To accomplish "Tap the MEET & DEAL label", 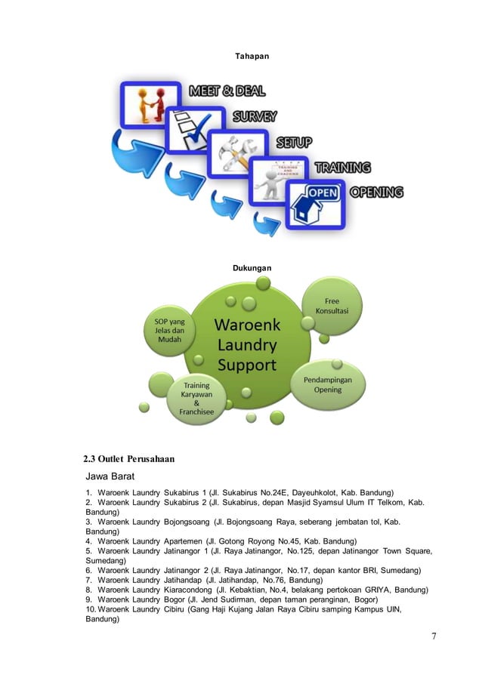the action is [227, 91].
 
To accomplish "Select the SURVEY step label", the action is [254, 116].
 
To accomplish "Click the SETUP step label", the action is [293, 142].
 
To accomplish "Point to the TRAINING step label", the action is [342, 167].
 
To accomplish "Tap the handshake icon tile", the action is [152, 104].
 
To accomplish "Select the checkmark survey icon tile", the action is [195, 129].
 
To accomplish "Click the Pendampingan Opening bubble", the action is [333, 384].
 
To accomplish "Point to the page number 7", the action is [434, 636].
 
